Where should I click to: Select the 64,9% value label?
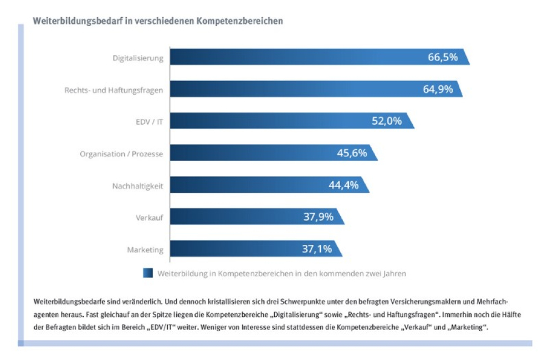(x=438, y=89)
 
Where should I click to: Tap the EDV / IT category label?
(x=149, y=122)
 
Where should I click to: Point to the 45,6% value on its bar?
(x=352, y=153)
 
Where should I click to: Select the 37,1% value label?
(x=317, y=249)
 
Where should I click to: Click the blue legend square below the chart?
(x=148, y=273)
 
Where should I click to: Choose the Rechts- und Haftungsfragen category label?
(x=110, y=90)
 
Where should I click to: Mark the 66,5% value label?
(x=443, y=56)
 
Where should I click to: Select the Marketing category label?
(x=145, y=249)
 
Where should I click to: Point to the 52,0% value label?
(x=386, y=121)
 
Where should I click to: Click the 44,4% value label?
(x=343, y=185)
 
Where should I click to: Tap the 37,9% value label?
(x=318, y=217)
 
